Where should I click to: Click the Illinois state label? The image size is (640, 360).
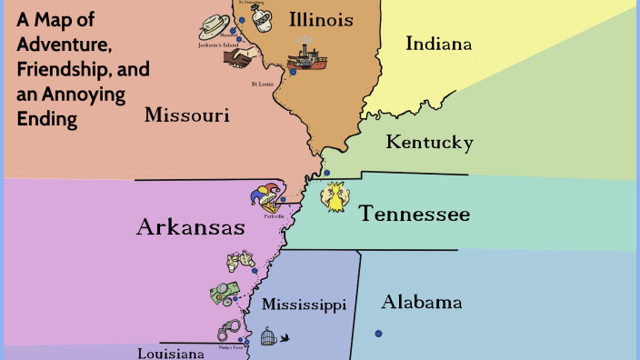(x=321, y=20)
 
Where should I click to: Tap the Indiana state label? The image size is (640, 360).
(x=439, y=44)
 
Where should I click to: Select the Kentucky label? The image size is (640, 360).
(x=429, y=143)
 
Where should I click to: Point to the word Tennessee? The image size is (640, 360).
(x=414, y=215)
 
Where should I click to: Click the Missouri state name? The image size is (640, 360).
(x=186, y=115)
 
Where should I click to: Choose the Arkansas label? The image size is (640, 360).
(x=190, y=227)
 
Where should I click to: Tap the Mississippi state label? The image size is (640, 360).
(x=304, y=305)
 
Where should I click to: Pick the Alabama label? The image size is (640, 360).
(x=422, y=302)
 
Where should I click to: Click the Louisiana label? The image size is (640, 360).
(x=171, y=353)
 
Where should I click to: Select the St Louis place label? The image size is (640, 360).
(x=262, y=85)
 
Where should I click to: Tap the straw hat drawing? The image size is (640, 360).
(x=215, y=25)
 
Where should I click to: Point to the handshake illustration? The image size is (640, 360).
(x=241, y=58)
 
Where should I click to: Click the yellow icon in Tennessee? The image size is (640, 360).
(x=336, y=197)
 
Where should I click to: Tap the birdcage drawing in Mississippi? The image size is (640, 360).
(x=269, y=338)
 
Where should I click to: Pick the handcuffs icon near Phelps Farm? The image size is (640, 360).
(x=227, y=332)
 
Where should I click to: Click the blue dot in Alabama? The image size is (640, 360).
(x=378, y=334)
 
